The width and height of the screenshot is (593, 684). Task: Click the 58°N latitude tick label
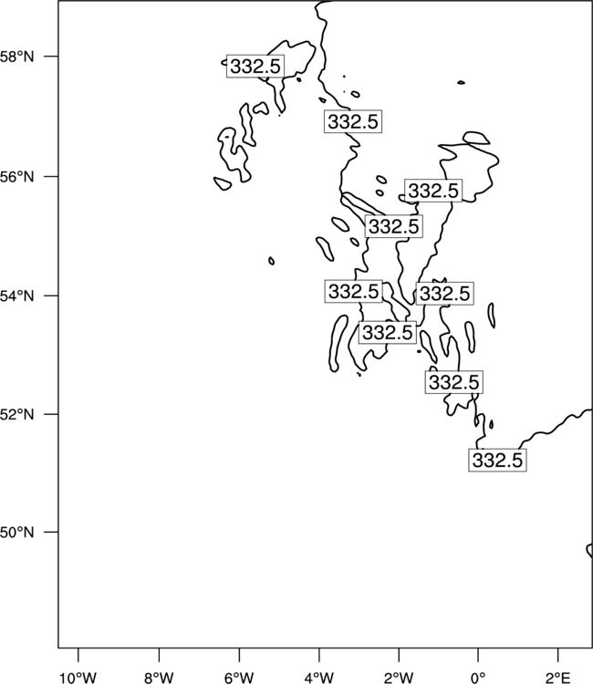click(16, 57)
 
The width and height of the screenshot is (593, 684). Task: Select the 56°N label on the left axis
click(16, 177)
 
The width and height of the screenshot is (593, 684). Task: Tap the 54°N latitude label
click(16, 296)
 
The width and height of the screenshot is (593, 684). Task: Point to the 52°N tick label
click(16, 414)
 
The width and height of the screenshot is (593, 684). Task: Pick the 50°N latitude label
click(16, 533)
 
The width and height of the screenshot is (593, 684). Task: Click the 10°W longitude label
click(78, 678)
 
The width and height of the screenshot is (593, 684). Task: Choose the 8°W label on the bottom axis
click(159, 678)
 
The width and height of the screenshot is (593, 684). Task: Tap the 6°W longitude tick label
click(239, 678)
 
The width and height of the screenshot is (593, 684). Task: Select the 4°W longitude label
click(319, 678)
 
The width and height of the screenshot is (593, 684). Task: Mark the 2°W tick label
click(399, 678)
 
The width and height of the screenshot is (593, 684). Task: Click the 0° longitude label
click(478, 678)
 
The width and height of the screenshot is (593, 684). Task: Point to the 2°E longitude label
click(558, 678)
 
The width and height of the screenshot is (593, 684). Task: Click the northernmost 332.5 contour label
click(255, 67)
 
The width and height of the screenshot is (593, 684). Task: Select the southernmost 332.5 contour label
click(497, 460)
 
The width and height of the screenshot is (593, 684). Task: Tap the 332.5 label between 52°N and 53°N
click(453, 382)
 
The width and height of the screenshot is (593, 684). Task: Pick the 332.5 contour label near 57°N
click(353, 121)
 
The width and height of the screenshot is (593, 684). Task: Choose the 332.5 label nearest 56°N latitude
click(433, 191)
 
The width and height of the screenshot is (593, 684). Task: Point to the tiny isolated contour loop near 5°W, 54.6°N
click(271, 261)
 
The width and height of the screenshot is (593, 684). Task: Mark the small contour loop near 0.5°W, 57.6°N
click(462, 82)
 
